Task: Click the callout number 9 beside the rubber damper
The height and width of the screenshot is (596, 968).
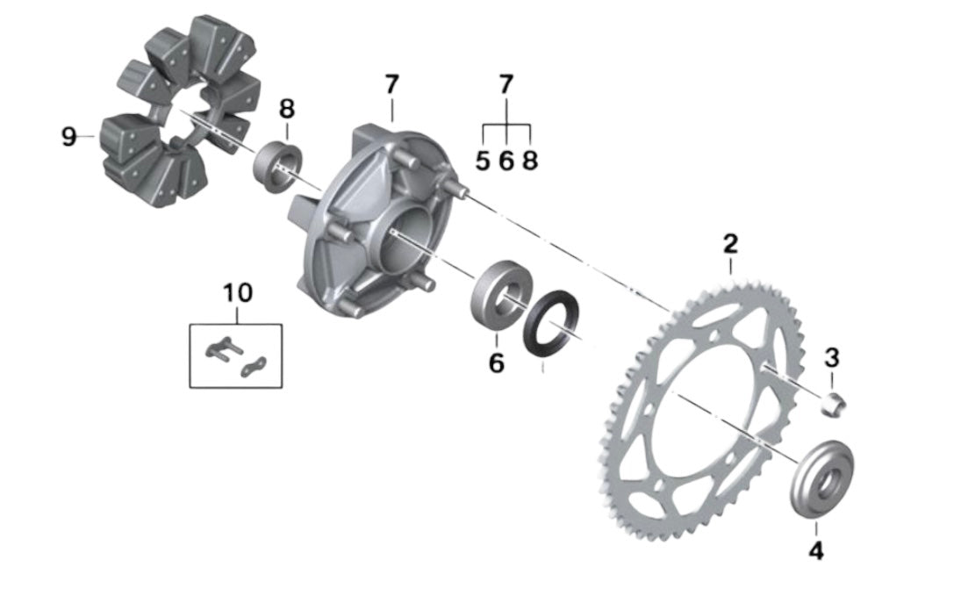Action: (69, 137)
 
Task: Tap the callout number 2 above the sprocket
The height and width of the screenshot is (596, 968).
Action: (730, 243)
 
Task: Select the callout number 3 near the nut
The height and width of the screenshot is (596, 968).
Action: (832, 358)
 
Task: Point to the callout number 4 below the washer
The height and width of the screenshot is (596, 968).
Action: (815, 551)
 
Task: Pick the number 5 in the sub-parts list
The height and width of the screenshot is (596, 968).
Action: (483, 162)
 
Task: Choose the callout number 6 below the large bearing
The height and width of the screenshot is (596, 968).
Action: (497, 363)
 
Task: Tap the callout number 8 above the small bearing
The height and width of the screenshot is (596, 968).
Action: (287, 110)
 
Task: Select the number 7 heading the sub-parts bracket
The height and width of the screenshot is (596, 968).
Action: (506, 85)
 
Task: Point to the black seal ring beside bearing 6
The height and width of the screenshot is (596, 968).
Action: (550, 324)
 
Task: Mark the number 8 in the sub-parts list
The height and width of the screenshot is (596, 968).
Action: (529, 162)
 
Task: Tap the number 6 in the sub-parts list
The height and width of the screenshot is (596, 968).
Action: (506, 162)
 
